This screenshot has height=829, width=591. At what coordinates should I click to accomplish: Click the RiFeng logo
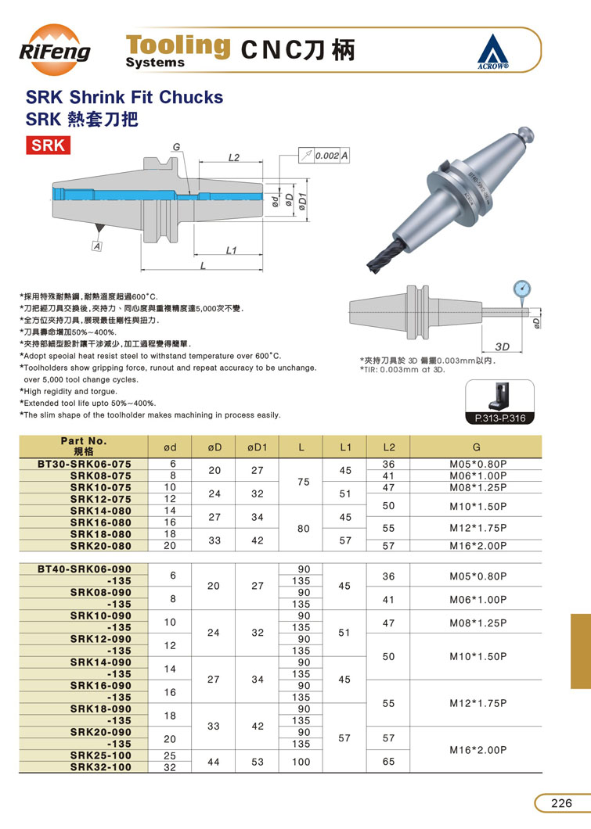[55, 50]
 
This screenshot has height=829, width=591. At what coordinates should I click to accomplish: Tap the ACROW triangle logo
[492, 52]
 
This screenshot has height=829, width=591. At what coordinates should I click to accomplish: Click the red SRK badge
[49, 145]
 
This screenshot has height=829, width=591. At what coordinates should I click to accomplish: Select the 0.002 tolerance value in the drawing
[327, 156]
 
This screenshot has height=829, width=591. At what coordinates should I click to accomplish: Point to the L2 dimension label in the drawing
[233, 157]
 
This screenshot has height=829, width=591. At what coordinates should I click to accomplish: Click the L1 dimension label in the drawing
[231, 250]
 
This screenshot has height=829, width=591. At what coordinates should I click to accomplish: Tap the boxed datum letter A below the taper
[97, 246]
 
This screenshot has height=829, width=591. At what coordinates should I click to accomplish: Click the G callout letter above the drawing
[176, 147]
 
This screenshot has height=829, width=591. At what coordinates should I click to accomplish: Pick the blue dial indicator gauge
[521, 289]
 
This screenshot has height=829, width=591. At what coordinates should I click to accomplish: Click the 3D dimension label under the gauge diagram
[502, 346]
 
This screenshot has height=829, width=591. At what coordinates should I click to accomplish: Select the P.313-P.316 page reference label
[500, 418]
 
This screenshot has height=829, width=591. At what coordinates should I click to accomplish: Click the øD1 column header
[257, 447]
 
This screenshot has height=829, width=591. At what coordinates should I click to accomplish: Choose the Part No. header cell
[84, 447]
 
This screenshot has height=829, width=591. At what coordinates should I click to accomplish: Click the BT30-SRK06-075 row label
[84, 465]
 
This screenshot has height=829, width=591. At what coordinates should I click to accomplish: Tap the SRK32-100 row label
[100, 767]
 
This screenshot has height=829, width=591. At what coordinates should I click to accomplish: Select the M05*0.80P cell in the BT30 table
[477, 465]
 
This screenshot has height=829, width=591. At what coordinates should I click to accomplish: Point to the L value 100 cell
[301, 762]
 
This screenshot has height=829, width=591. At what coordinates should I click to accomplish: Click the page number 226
[561, 804]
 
